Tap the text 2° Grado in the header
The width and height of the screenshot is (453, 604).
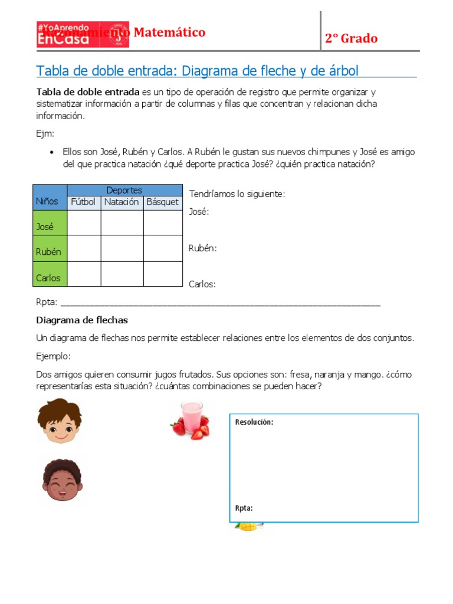(351, 39)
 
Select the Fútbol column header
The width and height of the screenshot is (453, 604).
(83, 202)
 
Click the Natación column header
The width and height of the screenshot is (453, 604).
(122, 202)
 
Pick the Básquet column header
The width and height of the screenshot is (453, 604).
(163, 202)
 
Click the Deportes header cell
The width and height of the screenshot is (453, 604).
(124, 191)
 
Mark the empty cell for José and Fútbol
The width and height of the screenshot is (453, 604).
(84, 223)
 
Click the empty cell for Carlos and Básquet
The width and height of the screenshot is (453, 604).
(163, 274)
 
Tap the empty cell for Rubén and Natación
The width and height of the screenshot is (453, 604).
(122, 248)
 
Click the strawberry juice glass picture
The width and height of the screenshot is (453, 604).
(191, 419)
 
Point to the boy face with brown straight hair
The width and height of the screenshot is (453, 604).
(60, 421)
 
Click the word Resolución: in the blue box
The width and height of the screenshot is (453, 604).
(254, 422)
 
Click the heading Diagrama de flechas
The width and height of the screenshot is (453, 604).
(82, 320)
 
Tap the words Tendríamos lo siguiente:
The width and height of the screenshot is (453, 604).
(237, 193)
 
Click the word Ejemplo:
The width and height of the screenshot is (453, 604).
(53, 357)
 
